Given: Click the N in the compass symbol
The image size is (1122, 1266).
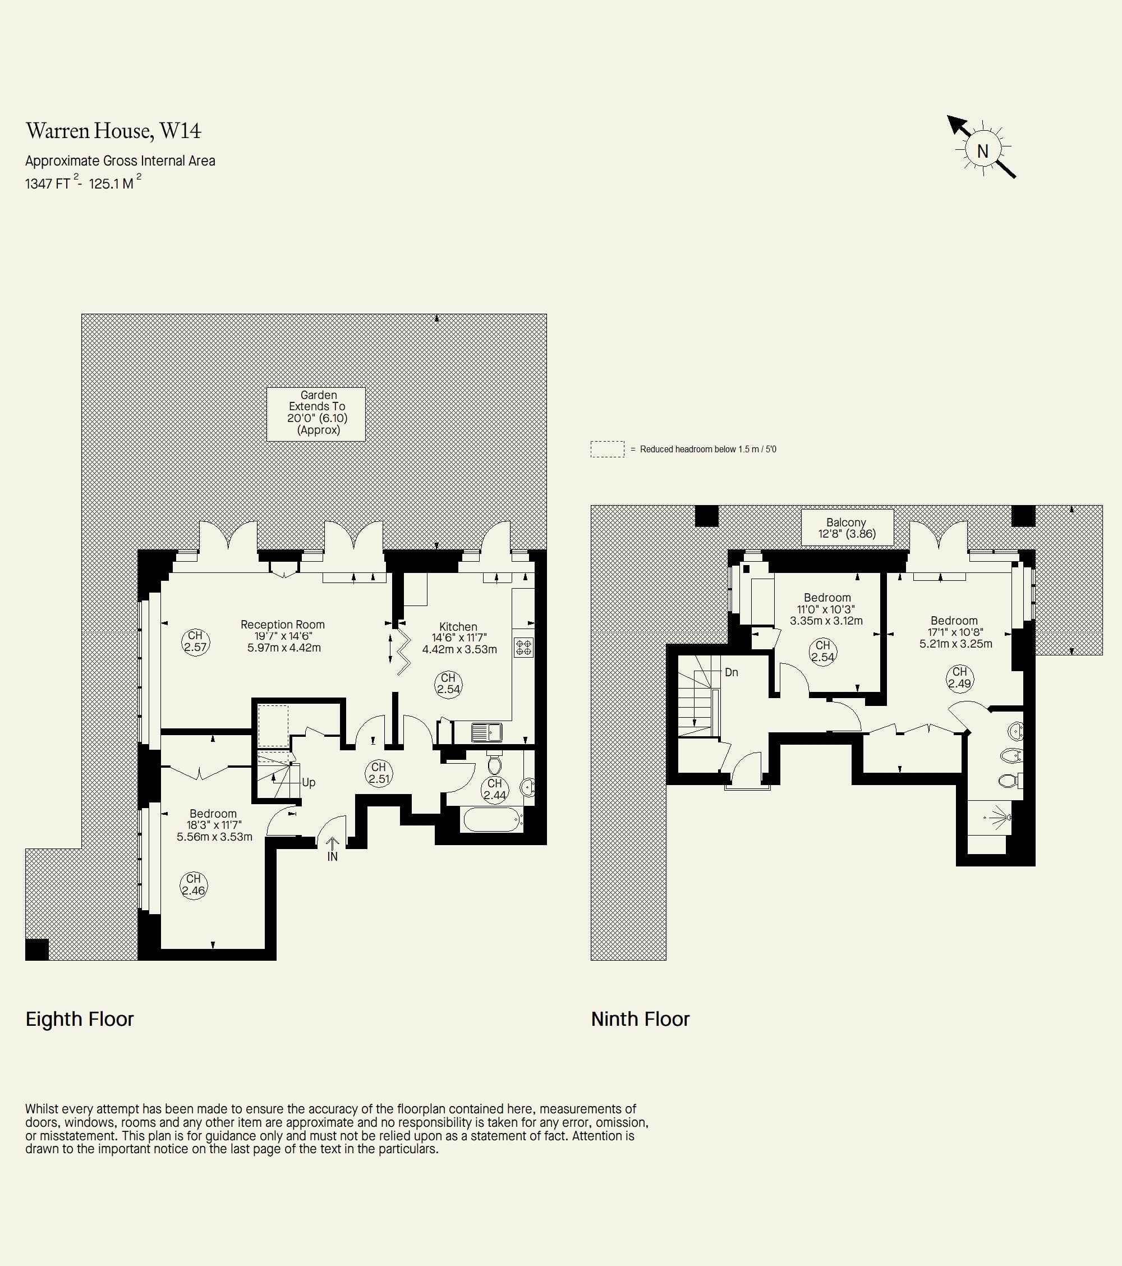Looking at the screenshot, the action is coord(983,150).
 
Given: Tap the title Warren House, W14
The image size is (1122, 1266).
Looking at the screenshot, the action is coord(113,131).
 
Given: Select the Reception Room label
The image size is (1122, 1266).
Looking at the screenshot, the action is coord(282,625).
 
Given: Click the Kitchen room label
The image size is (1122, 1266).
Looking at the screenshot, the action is coord(458,626).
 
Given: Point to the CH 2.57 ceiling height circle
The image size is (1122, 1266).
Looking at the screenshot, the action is coord(196,641).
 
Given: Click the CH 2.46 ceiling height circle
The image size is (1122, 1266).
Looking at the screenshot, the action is coord(194,885).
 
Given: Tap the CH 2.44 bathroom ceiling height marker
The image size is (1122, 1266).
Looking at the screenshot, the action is coord(495,790).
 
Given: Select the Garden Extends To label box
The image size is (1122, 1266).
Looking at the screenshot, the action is coord(316,414).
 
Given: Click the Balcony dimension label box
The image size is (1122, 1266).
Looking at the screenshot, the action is coord(847,527).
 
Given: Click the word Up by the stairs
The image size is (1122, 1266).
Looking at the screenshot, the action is coord(309,782).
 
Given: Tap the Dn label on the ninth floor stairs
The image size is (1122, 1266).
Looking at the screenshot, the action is coord(732,672).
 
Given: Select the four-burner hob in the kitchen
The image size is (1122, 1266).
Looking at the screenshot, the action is coord(524,647).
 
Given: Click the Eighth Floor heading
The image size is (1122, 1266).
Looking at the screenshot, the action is coord(79,1019).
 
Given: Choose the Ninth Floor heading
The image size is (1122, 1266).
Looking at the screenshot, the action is coord(640,1019).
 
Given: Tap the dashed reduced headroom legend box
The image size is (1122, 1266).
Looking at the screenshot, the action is coord(608,449).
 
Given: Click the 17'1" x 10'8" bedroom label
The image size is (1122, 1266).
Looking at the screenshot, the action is coord(955,632).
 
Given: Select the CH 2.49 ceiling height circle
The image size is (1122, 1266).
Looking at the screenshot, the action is coord(960,677).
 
